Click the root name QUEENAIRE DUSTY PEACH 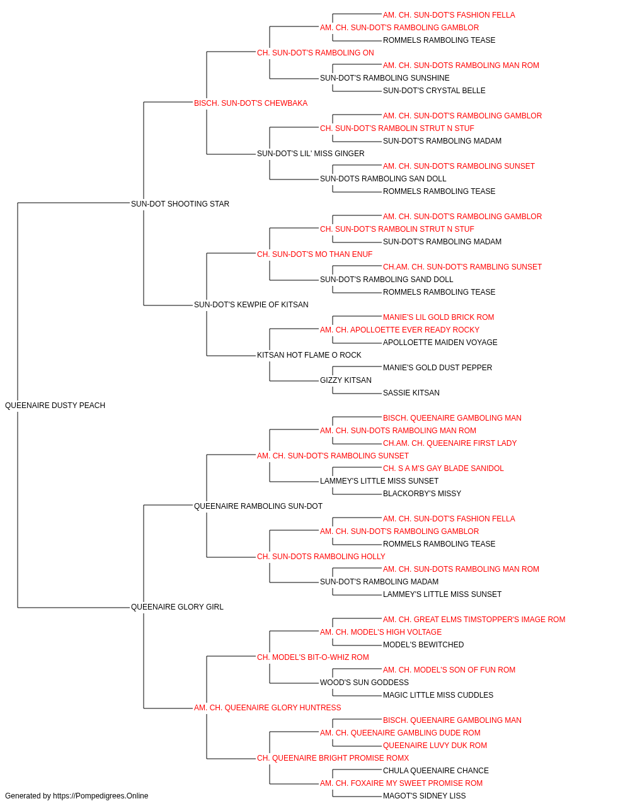coord(55,406)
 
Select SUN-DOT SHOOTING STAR coord(180,204)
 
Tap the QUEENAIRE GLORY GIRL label coord(177,607)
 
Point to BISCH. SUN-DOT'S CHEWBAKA coord(251,103)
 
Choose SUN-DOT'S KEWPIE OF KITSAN coord(251,305)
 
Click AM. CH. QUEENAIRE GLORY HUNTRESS coord(268,708)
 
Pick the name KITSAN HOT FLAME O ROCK coord(309,355)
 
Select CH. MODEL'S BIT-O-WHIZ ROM coord(312,657)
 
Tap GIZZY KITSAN coord(346,380)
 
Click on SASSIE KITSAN coord(411,393)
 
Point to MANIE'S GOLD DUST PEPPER coord(437,368)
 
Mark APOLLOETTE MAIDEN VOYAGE coord(440,343)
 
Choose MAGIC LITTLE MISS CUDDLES coord(438,695)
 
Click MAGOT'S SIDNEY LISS coord(425,796)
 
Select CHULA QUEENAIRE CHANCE coord(436,770)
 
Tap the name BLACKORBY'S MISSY coord(422,494)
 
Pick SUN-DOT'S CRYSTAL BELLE coord(434,91)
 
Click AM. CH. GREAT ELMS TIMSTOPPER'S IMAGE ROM coord(474,620)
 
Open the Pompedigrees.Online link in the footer coord(101,796)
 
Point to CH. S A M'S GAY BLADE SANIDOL coord(444,468)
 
